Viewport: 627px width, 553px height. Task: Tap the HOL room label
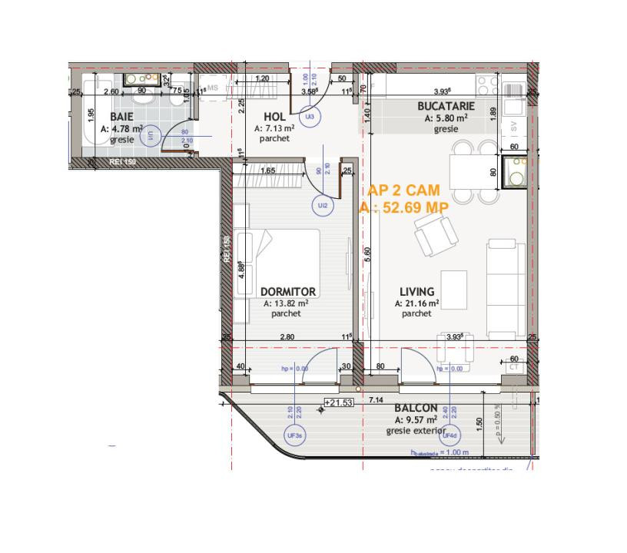pyautogui.click(x=264, y=116)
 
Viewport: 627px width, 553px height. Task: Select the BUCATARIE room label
pyautogui.click(x=446, y=106)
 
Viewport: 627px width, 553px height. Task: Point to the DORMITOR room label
pyautogui.click(x=287, y=292)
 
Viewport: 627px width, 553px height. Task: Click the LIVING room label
pyautogui.click(x=416, y=292)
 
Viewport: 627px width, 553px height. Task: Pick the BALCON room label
pyautogui.click(x=416, y=409)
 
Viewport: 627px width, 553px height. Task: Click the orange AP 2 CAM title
pyautogui.click(x=403, y=190)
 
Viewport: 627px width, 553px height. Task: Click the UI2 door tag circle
pyautogui.click(x=322, y=205)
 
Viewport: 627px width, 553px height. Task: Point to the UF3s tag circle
pyautogui.click(x=294, y=435)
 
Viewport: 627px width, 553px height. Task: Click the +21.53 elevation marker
pyautogui.click(x=338, y=402)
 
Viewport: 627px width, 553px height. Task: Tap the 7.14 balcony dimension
pyautogui.click(x=376, y=400)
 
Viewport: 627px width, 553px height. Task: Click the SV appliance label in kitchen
pyautogui.click(x=513, y=127)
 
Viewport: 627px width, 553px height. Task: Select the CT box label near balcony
pyautogui.click(x=514, y=368)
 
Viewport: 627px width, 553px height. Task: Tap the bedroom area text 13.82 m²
pyautogui.click(x=286, y=303)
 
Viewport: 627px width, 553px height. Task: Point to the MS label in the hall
pyautogui.click(x=213, y=88)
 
